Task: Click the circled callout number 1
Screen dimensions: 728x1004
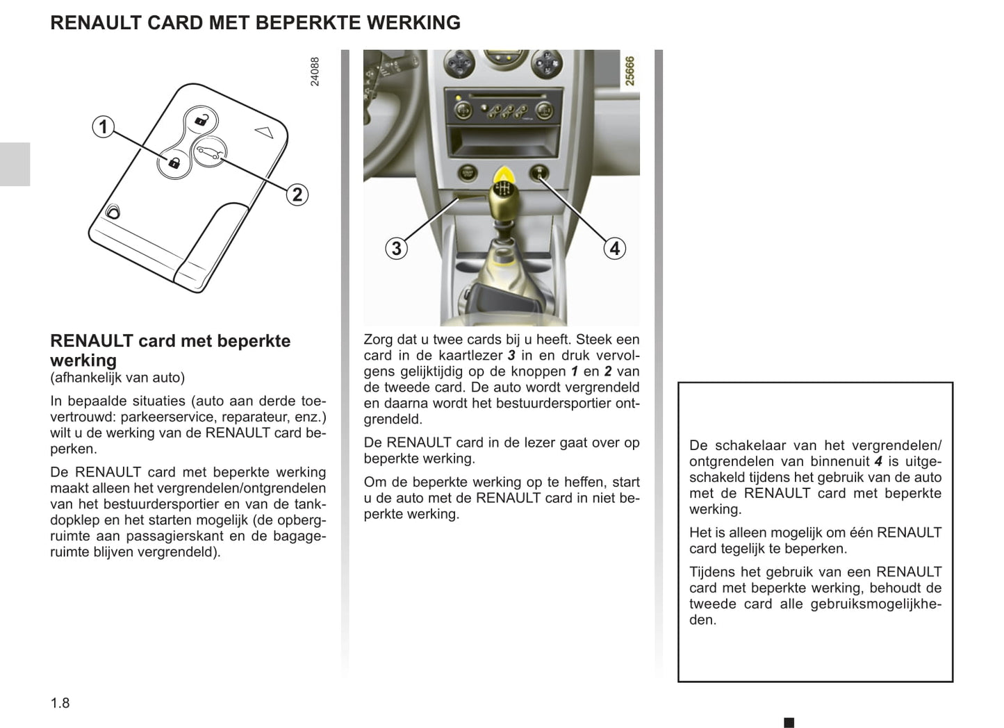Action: pyautogui.click(x=104, y=126)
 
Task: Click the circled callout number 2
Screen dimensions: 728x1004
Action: pyautogui.click(x=297, y=195)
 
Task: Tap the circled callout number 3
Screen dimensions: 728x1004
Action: pyautogui.click(x=396, y=248)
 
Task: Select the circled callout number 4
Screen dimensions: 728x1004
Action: pyautogui.click(x=614, y=248)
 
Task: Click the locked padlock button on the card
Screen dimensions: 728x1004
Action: pyautogui.click(x=173, y=164)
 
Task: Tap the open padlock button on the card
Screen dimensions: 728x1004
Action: pyautogui.click(x=201, y=120)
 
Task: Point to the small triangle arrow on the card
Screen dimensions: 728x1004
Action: pyautogui.click(x=263, y=130)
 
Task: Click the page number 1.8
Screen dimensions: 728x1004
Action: pyautogui.click(x=60, y=703)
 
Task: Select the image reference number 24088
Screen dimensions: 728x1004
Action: pyautogui.click(x=315, y=72)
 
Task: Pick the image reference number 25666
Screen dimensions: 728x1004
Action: pyautogui.click(x=629, y=71)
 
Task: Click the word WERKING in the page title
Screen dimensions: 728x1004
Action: pyautogui.click(x=413, y=23)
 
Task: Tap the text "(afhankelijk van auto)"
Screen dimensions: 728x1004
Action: pyautogui.click(x=117, y=378)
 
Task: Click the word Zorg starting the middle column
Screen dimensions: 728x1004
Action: pyautogui.click(x=379, y=340)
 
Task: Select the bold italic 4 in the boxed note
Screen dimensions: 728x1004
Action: pyautogui.click(x=878, y=461)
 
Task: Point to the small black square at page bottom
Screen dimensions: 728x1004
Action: pyautogui.click(x=789, y=722)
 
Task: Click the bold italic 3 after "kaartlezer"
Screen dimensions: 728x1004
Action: pyautogui.click(x=511, y=356)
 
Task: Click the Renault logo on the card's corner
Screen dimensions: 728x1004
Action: pyautogui.click(x=113, y=212)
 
